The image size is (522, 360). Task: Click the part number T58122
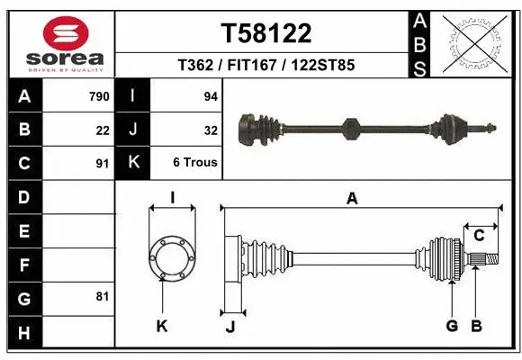pyautogui.click(x=266, y=33)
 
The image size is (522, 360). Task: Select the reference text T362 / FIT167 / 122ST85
pyautogui.click(x=266, y=66)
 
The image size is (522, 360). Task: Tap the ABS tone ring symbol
pyautogui.click(x=474, y=41)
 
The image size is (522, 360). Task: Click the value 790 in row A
pyautogui.click(x=99, y=96)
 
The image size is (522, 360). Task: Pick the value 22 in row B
pyautogui.click(x=103, y=130)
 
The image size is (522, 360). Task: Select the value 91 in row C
pyautogui.click(x=103, y=164)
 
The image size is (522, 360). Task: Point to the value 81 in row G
pyautogui.click(x=103, y=296)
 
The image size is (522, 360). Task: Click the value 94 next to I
pyautogui.click(x=211, y=96)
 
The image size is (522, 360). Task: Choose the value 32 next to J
pyautogui.click(x=211, y=130)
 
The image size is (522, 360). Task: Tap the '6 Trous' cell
pyautogui.click(x=195, y=164)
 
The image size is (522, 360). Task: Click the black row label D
pyautogui.click(x=24, y=197)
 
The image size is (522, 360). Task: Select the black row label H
pyautogui.click(x=24, y=333)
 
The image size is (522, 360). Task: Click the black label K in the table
pyautogui.click(x=133, y=164)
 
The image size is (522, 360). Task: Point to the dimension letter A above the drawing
pyautogui.click(x=353, y=199)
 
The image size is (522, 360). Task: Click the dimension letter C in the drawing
pyautogui.click(x=480, y=236)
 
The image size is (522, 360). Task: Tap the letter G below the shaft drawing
pyautogui.click(x=452, y=326)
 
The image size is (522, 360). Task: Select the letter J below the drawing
pyautogui.click(x=229, y=327)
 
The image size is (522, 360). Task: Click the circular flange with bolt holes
pyautogui.click(x=172, y=258)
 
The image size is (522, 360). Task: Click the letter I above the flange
pyautogui.click(x=172, y=199)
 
